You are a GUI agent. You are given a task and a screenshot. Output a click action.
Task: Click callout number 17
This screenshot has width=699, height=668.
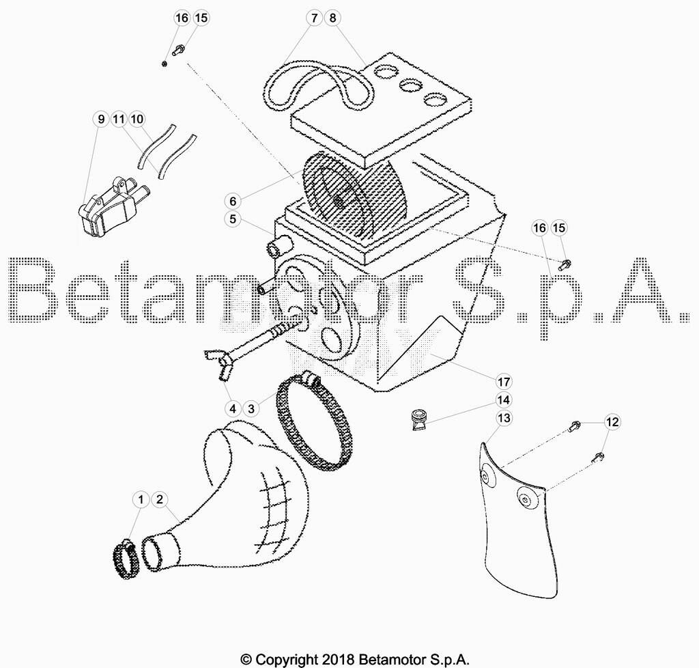click(x=503, y=382)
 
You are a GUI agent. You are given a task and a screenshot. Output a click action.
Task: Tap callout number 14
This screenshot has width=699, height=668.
click(x=503, y=400)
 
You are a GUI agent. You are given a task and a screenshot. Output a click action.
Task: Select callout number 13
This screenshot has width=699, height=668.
click(x=503, y=418)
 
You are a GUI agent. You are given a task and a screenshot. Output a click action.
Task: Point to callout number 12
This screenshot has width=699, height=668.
click(x=612, y=421)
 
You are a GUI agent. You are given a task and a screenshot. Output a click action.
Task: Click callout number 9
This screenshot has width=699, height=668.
click(x=101, y=119)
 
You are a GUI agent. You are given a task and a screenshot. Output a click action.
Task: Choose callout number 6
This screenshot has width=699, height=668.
click(x=233, y=201)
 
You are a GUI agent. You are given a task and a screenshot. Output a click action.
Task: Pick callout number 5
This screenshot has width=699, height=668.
click(x=233, y=219)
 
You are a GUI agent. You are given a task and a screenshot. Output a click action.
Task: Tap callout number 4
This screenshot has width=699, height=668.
click(x=233, y=408)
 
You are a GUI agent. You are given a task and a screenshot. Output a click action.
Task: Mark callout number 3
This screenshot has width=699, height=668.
click(x=251, y=408)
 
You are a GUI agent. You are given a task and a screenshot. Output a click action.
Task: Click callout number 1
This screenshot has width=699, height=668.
click(x=141, y=499)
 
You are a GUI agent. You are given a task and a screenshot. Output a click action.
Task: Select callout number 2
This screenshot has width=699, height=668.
click(x=160, y=499)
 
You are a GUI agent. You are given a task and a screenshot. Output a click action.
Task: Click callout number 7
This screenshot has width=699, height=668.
click(x=314, y=18)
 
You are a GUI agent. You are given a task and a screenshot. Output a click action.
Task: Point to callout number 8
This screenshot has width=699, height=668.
click(x=332, y=18)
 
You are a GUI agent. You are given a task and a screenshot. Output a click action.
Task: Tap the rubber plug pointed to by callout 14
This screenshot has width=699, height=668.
click(x=419, y=419)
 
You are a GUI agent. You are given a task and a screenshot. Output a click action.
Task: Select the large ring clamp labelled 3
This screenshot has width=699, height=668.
click(x=314, y=421)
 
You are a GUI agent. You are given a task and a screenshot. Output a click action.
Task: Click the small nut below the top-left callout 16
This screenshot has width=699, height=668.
click(x=165, y=64)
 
